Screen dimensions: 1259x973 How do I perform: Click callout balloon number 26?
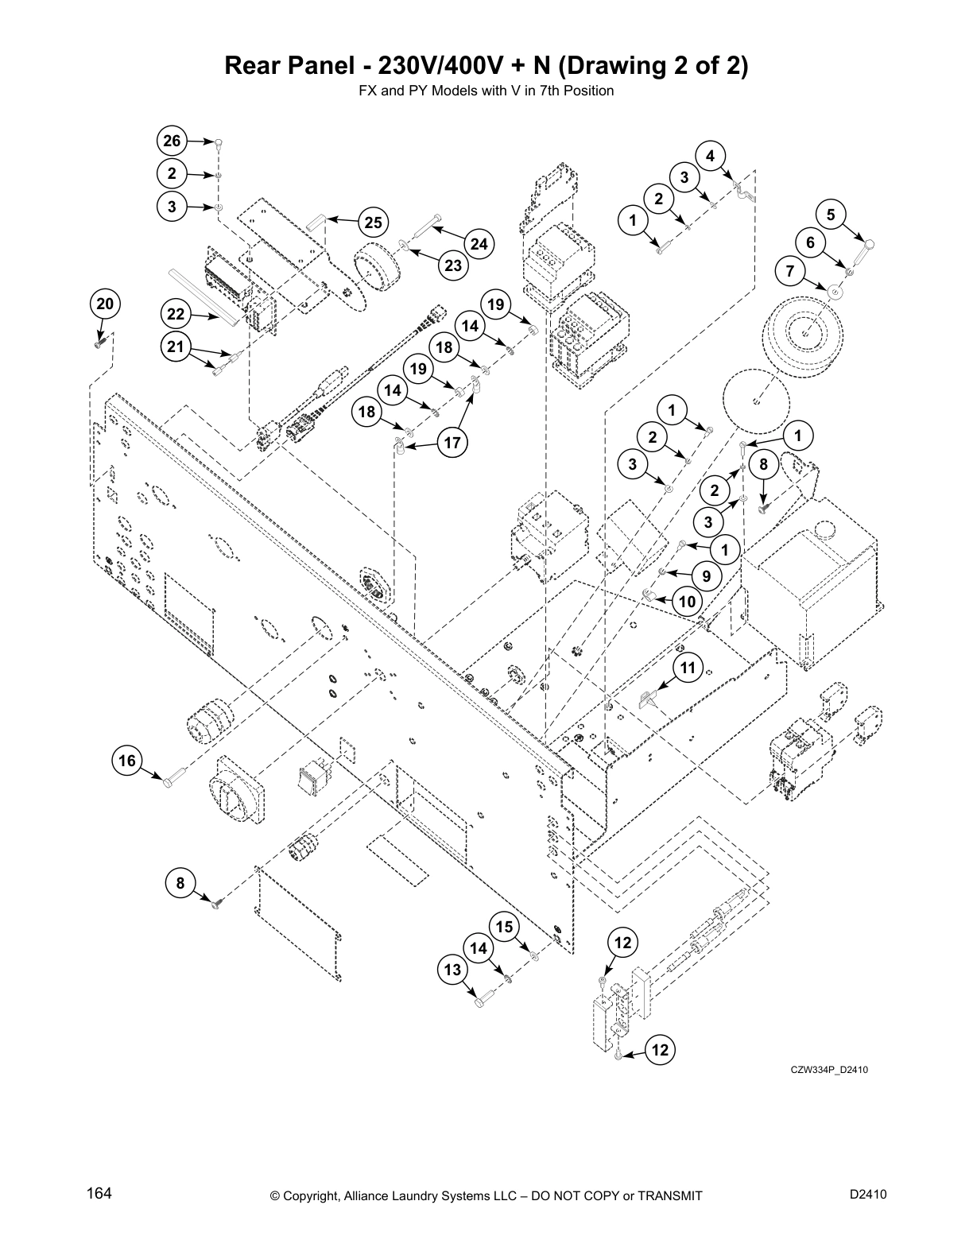[172, 141]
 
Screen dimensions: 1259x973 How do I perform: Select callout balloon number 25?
[374, 223]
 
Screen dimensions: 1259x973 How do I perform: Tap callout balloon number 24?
[479, 244]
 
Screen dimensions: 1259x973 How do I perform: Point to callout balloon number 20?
[105, 304]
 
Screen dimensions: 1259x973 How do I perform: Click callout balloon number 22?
[176, 314]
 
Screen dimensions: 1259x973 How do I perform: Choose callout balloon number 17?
[452, 443]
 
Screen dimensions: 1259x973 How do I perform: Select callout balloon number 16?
[127, 761]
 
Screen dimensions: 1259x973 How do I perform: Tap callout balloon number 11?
[688, 668]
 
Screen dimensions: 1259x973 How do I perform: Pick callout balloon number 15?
[505, 927]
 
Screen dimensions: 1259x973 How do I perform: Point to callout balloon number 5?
[831, 214]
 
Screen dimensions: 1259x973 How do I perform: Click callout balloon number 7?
[789, 270]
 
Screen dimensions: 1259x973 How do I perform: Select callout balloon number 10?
[687, 602]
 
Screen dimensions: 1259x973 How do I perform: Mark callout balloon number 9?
[706, 575]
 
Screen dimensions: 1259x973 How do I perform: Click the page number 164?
[99, 1195]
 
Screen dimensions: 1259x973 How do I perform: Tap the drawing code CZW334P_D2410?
[829, 1070]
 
